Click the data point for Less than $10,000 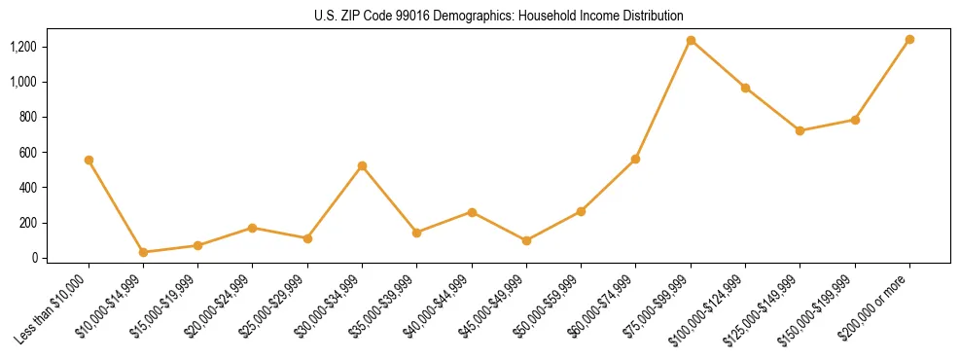coord(89,160)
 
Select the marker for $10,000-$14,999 coord(143,252)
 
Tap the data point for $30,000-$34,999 coord(362,165)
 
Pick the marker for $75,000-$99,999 coord(691,40)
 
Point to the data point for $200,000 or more coord(909,39)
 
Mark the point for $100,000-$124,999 coord(745,88)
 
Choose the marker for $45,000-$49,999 coord(526,240)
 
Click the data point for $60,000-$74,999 coord(635,159)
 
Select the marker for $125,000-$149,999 coord(800,130)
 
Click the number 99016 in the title coord(423,17)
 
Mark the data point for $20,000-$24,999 coord(253,228)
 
